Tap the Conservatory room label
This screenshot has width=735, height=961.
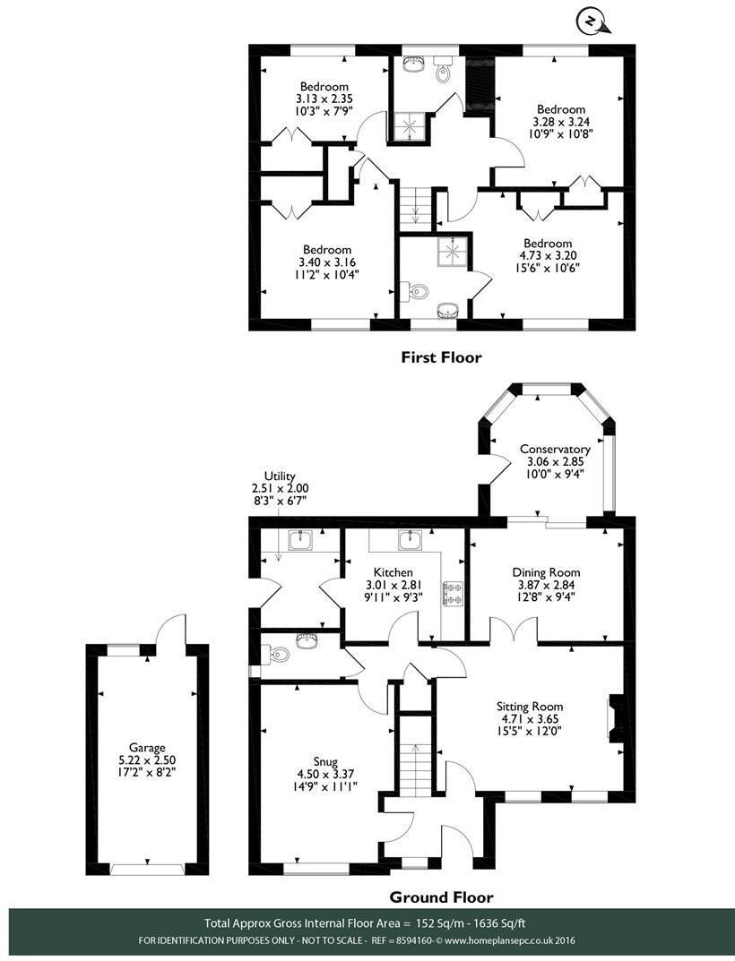[x=555, y=450]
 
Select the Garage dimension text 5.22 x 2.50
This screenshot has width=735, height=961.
[x=147, y=760]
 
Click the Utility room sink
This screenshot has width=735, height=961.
[x=301, y=541]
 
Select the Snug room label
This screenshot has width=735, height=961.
[x=325, y=762]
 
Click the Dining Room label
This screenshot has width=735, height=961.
[x=546, y=571]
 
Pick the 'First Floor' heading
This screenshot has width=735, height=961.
[x=441, y=356]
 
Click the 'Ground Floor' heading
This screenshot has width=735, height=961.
[x=441, y=897]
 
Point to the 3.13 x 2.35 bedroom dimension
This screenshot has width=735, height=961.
[x=324, y=99]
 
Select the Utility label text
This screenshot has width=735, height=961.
[x=280, y=476]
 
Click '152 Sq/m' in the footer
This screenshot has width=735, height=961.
[x=434, y=923]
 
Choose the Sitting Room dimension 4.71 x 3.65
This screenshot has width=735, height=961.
[x=530, y=718]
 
